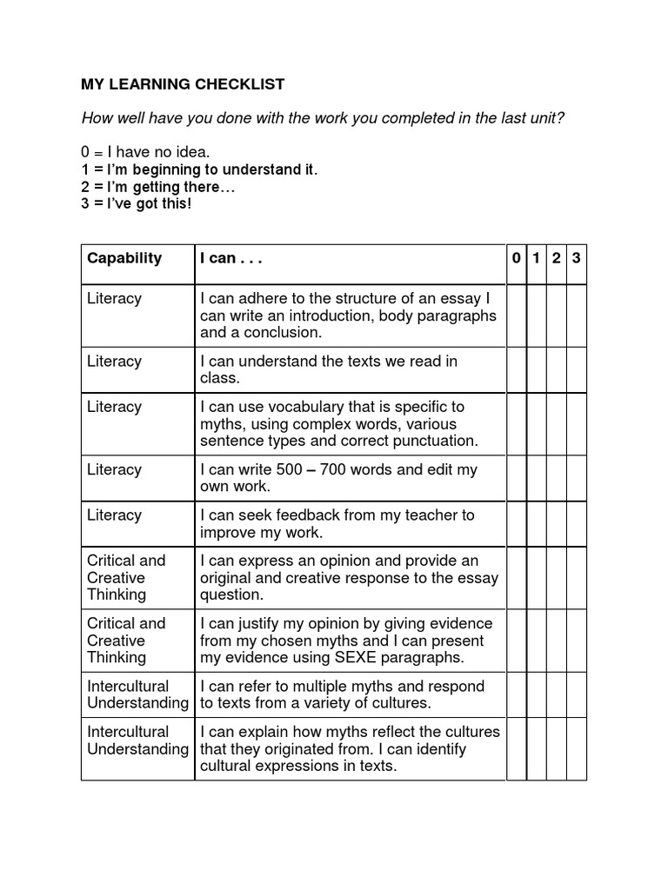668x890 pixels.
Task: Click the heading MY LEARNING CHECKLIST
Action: click(183, 84)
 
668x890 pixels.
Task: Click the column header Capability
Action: click(124, 258)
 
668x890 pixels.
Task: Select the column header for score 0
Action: click(517, 258)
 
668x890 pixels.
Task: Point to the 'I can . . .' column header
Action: click(231, 258)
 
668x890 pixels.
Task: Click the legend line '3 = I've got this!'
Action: click(136, 203)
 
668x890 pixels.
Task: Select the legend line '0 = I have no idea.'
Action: click(145, 153)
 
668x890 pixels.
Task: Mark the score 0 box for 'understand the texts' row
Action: click(517, 370)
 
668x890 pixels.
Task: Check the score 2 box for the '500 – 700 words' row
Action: click(557, 478)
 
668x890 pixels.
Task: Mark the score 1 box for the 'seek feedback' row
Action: click(538, 523)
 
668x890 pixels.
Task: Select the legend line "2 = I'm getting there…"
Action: click(158, 187)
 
